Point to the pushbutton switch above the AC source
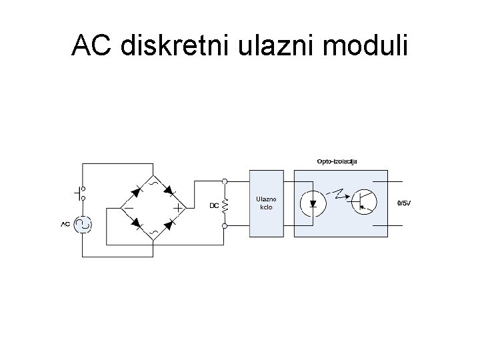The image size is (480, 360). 81,193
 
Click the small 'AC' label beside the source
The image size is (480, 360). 65,224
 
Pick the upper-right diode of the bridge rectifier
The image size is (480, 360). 169,191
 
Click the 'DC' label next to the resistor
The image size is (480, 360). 214,205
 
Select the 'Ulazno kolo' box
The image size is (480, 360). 268,203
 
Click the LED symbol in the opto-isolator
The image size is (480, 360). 313,203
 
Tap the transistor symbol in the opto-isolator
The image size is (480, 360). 364,201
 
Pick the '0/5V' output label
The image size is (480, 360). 404,203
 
